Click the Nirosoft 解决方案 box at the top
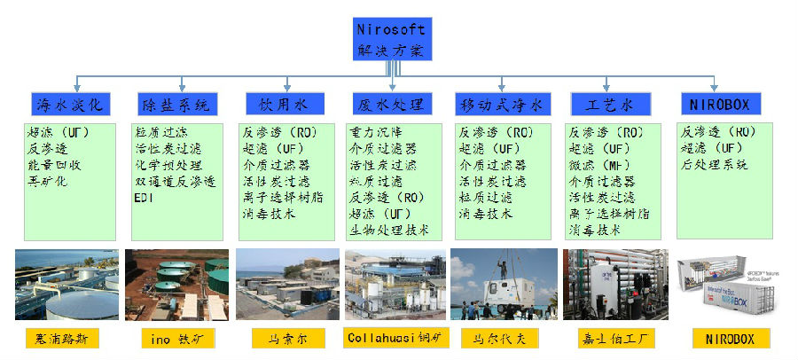click(391, 38)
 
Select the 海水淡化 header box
click(70, 105)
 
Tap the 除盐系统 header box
click(176, 105)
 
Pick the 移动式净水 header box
click(499, 105)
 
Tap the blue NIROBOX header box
click(719, 105)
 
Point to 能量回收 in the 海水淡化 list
click(47, 165)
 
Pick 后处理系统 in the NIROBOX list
click(715, 165)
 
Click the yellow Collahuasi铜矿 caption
click(395, 338)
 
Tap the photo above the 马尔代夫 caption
click(503, 284)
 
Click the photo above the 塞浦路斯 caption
click(66, 284)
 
